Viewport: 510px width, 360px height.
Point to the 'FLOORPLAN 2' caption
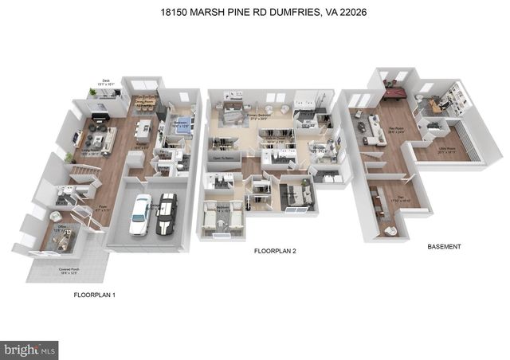275,252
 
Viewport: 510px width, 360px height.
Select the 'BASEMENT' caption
443,247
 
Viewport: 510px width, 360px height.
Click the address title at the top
254,13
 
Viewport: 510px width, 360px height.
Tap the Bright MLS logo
30,348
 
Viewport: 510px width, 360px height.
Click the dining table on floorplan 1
144,101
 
